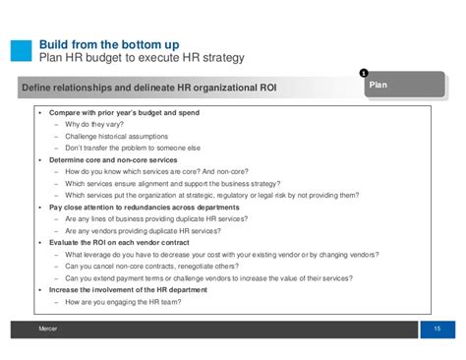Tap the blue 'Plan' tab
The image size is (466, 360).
(x=380, y=86)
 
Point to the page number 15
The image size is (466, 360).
(x=437, y=328)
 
